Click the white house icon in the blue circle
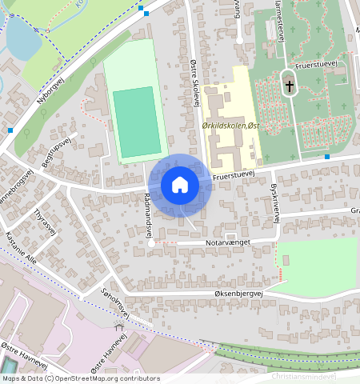click(x=180, y=185)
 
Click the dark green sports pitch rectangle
click(x=135, y=122)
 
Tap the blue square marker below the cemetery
click(x=327, y=157)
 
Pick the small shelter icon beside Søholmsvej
click(x=120, y=327)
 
